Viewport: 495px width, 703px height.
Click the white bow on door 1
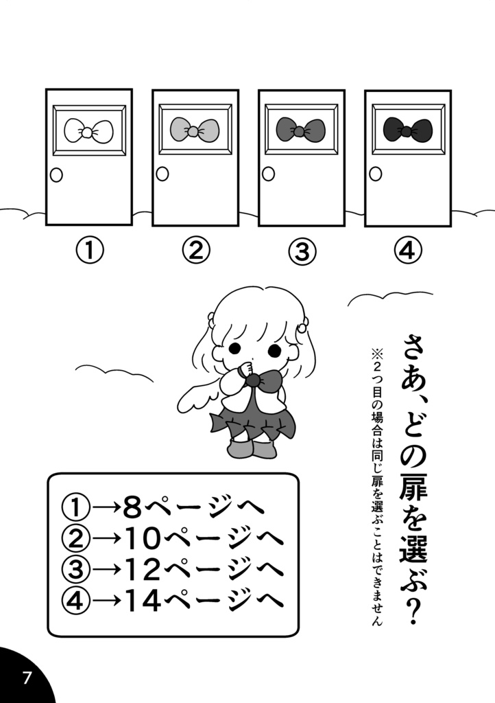point(88,129)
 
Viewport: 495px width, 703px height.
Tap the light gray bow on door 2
point(195,129)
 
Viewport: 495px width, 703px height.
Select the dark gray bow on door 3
point(300,128)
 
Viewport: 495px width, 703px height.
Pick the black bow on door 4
point(407,129)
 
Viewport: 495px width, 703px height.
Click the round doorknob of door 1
point(56,175)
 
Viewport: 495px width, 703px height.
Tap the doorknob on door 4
point(375,174)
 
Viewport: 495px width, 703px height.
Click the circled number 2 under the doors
point(195,251)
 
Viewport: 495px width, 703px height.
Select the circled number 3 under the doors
point(301,252)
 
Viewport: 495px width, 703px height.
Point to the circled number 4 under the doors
point(407,251)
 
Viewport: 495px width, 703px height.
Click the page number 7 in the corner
point(27,678)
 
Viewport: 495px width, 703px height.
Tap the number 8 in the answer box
point(132,508)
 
